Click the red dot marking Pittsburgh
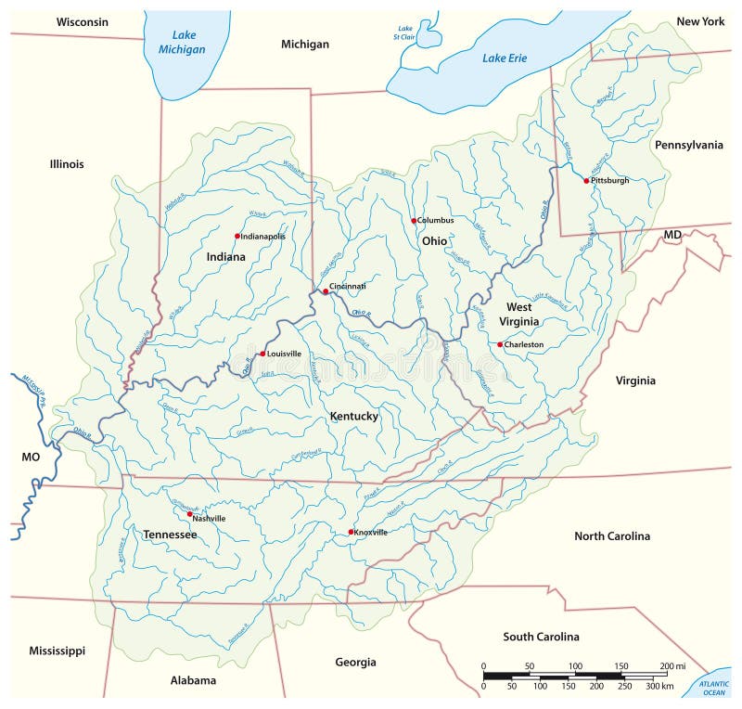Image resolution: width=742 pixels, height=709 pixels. tap(586, 180)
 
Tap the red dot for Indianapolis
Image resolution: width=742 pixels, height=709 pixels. tap(237, 236)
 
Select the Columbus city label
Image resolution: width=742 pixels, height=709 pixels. tap(436, 221)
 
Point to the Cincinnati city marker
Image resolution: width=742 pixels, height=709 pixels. tap(326, 291)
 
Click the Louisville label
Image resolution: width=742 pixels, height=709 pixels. tap(285, 354)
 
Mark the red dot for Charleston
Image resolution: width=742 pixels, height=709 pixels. tap(500, 344)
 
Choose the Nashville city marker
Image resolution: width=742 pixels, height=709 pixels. tap(189, 514)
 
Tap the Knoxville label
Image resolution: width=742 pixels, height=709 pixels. tap(371, 533)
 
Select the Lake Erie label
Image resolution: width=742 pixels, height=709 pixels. tap(505, 58)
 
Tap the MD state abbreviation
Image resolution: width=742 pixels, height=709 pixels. tap(672, 236)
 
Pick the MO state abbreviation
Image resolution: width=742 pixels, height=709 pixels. tap(32, 458)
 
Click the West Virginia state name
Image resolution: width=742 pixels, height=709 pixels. tap(518, 314)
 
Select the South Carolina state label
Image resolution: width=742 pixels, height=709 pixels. tap(541, 637)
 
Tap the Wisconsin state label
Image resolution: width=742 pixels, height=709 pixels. tap(82, 21)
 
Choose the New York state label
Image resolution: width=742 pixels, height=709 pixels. tap(700, 20)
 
